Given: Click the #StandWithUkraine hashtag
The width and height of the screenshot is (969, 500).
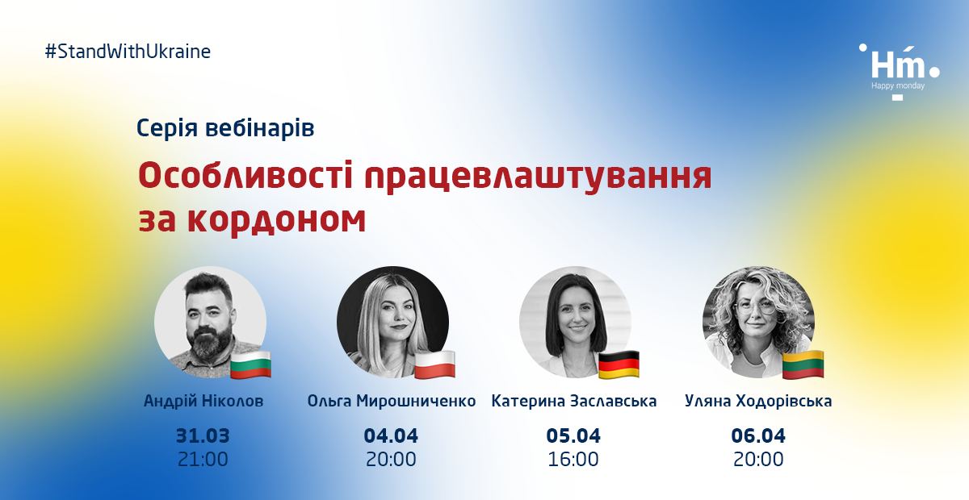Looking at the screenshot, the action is coord(128,52).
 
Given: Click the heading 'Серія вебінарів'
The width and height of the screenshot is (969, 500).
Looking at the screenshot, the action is coord(225,128).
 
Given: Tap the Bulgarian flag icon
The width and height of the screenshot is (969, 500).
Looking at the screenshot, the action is coord(251,365).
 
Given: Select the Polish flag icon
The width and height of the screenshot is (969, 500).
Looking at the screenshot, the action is coord(434,365).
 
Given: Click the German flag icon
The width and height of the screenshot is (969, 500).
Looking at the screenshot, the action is coord(619,365).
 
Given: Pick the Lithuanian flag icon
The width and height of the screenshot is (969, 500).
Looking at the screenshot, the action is coord(803,365).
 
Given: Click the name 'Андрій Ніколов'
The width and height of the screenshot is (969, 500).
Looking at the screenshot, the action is coord(203,401).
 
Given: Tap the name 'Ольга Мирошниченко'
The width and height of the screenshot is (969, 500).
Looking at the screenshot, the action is coord(392,401).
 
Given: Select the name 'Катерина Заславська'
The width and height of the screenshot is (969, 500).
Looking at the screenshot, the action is coord(574,401).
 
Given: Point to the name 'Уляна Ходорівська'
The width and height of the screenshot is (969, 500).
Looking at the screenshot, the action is coord(758,401).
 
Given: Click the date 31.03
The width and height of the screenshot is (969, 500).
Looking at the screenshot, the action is coord(203,435).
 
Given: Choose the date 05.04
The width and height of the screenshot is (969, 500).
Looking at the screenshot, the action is coord(573,435).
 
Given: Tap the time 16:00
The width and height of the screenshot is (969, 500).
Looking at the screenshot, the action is coord(573,460).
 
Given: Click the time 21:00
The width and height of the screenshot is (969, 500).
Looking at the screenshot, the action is coord(203,460).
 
